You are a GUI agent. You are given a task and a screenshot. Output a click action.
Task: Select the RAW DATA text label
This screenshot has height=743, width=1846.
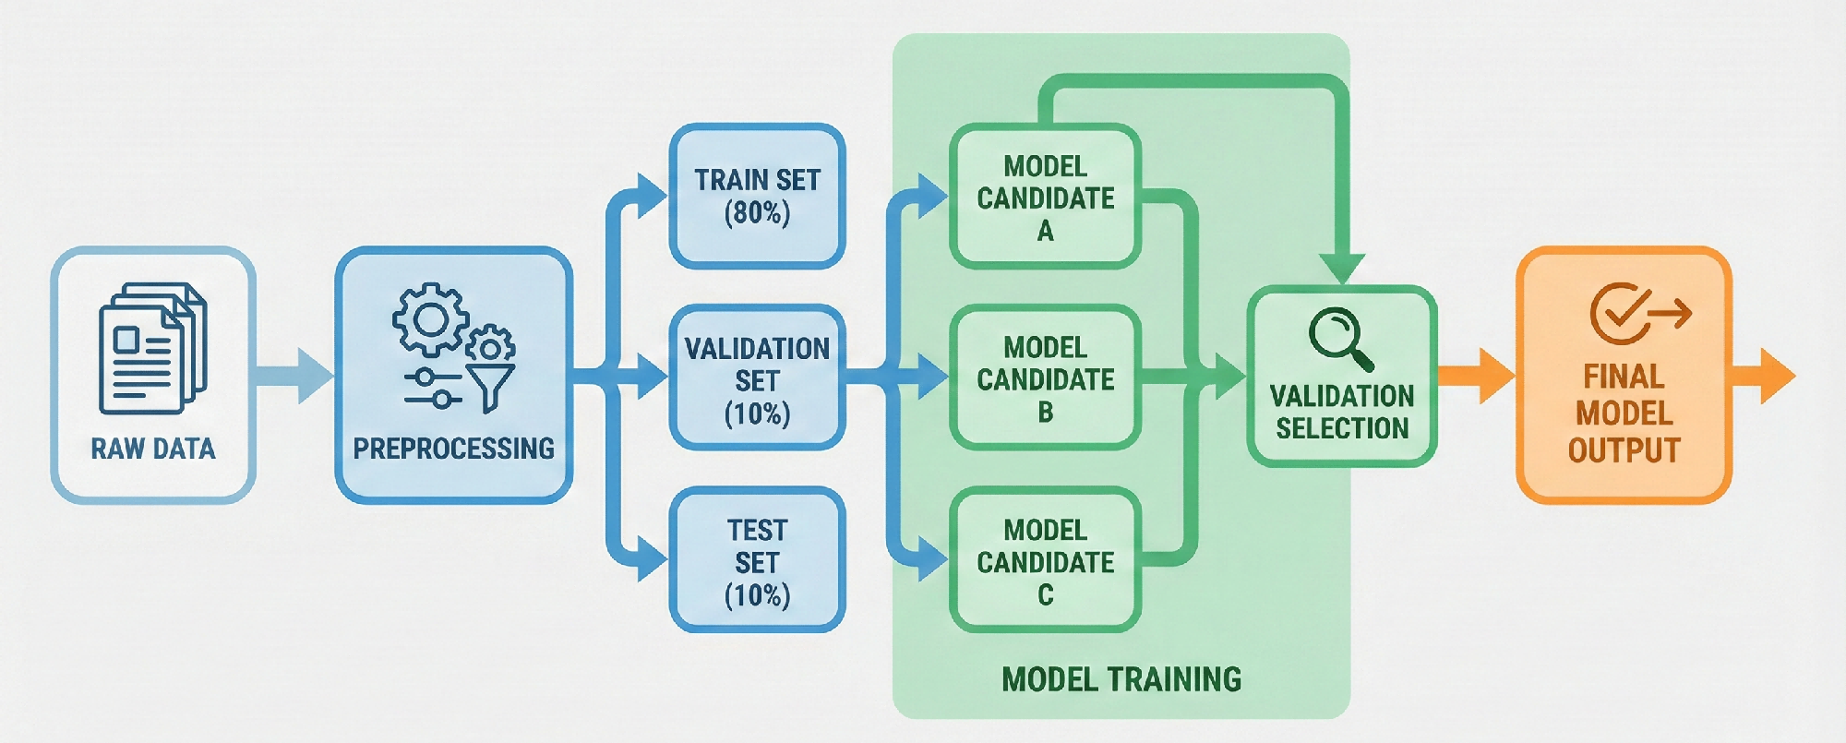[153, 449]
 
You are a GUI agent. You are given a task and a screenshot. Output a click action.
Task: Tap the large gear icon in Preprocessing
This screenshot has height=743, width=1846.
[430, 320]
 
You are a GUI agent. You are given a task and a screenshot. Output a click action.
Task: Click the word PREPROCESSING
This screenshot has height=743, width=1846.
[453, 449]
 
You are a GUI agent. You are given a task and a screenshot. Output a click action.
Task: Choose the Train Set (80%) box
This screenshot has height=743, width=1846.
[757, 196]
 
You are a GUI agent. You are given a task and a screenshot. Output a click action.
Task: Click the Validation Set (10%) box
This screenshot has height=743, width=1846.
[757, 379]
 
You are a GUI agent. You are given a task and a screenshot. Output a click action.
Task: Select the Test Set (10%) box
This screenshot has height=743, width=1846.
[757, 561]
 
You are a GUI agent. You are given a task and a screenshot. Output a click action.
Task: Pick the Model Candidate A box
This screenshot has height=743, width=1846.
[1045, 198]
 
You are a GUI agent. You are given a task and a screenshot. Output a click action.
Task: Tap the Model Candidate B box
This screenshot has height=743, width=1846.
[1045, 378]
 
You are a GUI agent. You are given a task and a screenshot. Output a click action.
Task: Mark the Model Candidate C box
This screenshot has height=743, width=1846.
[1045, 561]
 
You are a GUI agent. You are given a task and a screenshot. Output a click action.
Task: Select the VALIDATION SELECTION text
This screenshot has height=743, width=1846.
[1342, 412]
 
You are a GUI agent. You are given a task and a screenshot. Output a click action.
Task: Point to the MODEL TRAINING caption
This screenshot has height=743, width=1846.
[1121, 680]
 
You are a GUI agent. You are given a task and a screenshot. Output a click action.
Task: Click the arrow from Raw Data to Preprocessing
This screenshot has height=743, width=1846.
[294, 376]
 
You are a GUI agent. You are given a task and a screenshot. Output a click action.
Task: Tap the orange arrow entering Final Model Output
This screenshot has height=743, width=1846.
[1477, 376]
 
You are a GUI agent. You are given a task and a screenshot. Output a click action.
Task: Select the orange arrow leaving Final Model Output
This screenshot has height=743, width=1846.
[1765, 376]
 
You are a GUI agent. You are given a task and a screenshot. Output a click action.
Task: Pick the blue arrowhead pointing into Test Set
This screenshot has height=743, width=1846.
[652, 558]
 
